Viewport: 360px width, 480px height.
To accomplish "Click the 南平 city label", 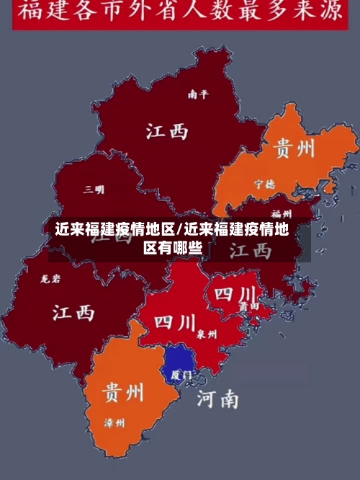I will pos(197,94).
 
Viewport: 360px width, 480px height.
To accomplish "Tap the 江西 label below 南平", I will pos(167,130).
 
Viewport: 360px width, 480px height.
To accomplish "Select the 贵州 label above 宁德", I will pos(294,148).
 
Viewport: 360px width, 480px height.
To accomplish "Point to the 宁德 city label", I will pos(264,184).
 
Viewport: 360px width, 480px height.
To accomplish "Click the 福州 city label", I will pos(281,214).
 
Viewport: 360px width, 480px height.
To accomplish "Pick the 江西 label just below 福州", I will pos(251,250).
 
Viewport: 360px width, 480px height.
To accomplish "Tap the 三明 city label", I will pos(94,190).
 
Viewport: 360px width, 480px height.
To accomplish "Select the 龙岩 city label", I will pos(51,277).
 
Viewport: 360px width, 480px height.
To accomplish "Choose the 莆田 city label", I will pos(249,306).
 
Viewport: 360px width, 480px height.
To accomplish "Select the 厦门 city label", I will pos(181,375).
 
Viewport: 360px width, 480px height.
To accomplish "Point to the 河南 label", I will pos(217,398).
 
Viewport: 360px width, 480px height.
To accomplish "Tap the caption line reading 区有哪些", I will pos(173,249).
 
